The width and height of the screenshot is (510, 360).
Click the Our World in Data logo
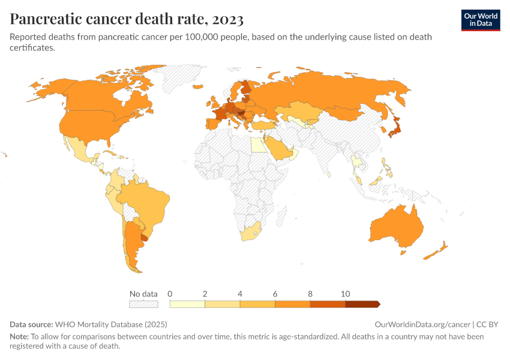point(480,20)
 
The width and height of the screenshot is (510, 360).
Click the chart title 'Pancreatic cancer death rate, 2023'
point(127,19)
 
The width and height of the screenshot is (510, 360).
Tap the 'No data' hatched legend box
point(144,304)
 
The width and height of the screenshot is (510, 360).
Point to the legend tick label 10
point(345,294)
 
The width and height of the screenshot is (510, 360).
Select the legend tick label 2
point(205,294)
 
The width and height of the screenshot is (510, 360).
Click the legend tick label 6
point(275,294)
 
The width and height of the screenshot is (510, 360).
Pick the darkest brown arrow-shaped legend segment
point(362,304)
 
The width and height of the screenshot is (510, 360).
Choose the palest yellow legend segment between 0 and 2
point(187,304)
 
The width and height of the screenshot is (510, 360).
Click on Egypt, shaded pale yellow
point(256,145)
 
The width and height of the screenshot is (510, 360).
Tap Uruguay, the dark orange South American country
point(144,238)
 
